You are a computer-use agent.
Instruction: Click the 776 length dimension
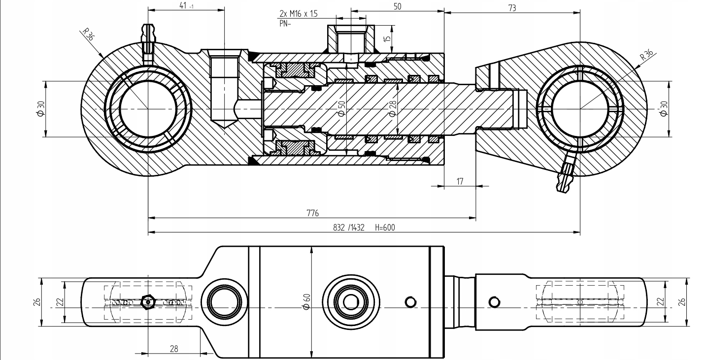pos(313,213)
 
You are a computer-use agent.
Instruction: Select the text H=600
pos(385,228)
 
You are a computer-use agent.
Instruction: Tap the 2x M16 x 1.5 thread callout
pos(299,14)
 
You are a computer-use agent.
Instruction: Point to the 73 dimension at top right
pos(512,8)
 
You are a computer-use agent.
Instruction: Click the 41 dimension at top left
pos(186,5)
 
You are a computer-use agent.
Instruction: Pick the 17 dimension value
pos(460,181)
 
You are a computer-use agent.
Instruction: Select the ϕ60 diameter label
pos(306,301)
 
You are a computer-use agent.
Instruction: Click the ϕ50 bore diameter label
pos(341,109)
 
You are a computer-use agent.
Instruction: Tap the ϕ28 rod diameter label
pos(393,109)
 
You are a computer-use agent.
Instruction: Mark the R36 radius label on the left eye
pos(88,34)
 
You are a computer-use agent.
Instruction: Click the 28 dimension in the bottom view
pos(174,349)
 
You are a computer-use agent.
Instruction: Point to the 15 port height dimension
pos(387,38)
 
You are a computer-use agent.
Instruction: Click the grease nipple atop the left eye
pos(148,43)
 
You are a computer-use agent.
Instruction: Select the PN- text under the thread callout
pos(285,23)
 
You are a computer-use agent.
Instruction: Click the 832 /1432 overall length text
pos(349,228)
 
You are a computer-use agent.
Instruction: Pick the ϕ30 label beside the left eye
pos(41,109)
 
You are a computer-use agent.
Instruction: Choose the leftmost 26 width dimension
pos(37,302)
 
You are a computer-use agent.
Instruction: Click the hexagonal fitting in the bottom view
pos(148,302)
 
